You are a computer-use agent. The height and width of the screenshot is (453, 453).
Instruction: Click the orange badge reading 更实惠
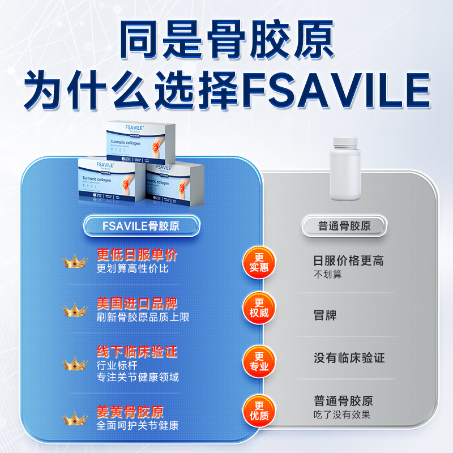pyautogui.click(x=259, y=262)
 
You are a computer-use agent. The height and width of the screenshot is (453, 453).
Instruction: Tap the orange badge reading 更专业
pyautogui.click(x=259, y=361)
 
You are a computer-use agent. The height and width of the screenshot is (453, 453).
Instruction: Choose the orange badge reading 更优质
pyautogui.click(x=259, y=410)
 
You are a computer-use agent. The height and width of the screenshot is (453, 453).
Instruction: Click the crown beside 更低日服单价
pyautogui.click(x=74, y=261)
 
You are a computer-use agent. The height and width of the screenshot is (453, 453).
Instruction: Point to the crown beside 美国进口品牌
pyautogui.click(x=74, y=310)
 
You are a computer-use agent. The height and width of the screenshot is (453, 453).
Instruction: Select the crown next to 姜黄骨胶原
pyautogui.click(x=74, y=418)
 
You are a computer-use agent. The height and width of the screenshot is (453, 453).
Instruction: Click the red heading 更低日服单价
pyautogui.click(x=137, y=255)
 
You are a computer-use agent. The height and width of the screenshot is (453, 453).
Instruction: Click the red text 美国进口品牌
pyautogui.click(x=137, y=304)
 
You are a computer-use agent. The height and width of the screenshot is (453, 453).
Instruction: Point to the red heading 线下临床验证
pyautogui.click(x=137, y=352)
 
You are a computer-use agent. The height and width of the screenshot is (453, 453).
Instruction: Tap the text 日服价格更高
pyautogui.click(x=349, y=261)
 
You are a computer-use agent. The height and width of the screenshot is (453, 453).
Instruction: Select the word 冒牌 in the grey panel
pyautogui.click(x=325, y=315)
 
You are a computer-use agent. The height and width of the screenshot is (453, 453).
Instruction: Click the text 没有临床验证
pyautogui.click(x=349, y=358)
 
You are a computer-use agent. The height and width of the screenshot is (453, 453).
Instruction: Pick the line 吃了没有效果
pyautogui.click(x=343, y=415)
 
